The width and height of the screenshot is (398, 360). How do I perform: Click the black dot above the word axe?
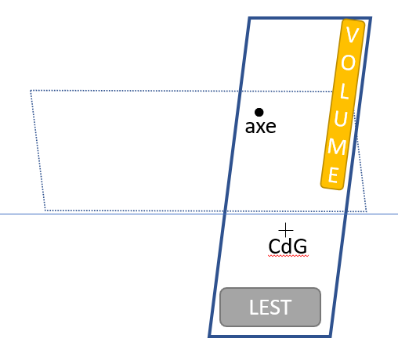(259, 113)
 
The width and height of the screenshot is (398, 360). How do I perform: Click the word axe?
(261, 127)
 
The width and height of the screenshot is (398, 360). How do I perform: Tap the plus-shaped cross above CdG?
(286, 230)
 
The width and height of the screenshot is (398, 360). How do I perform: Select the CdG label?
(288, 247)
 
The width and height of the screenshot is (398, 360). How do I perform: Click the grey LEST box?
(270, 308)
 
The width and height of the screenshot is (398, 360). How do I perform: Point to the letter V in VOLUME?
(352, 35)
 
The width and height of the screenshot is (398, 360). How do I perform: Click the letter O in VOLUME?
(348, 63)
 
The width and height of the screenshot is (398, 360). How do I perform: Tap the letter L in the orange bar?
(344, 91)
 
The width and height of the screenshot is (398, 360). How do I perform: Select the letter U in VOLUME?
(341, 119)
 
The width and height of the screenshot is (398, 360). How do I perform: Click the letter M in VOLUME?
(337, 147)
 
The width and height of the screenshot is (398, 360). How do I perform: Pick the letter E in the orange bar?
(334, 175)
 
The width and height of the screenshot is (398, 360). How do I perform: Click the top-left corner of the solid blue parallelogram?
(249, 18)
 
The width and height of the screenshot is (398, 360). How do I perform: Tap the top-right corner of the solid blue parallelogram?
(371, 18)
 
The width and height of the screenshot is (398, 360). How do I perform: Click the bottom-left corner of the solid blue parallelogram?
(208, 337)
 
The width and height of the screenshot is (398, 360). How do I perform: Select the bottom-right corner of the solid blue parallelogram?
(331, 337)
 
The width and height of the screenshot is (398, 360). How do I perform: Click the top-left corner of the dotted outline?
(31, 91)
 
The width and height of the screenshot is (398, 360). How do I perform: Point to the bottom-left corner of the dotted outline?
(45, 211)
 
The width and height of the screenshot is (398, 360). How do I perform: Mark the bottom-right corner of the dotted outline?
(367, 211)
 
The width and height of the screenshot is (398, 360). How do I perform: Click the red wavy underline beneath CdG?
(288, 256)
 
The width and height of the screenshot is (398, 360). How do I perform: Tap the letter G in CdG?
(300, 247)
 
